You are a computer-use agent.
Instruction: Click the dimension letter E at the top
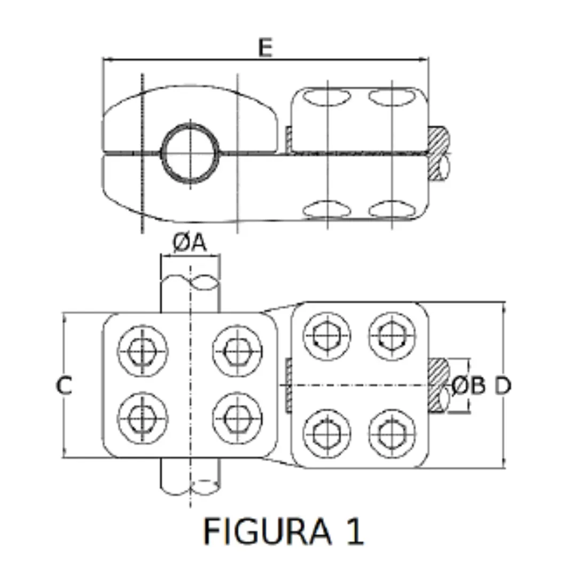click(266, 48)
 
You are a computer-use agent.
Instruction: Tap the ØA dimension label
click(190, 243)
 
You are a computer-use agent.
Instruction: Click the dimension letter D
click(502, 386)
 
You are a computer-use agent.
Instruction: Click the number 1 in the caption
click(355, 531)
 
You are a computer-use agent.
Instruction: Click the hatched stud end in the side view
click(438, 153)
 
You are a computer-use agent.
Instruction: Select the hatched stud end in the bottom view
click(438, 385)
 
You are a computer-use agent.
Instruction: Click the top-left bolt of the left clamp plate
click(143, 350)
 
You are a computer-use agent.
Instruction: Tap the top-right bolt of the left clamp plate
click(237, 350)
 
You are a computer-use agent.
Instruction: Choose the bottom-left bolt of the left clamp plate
click(143, 419)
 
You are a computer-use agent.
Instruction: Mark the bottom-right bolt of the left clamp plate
click(237, 419)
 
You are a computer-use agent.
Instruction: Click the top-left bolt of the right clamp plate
click(327, 337)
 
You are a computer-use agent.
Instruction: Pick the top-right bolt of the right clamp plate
click(392, 336)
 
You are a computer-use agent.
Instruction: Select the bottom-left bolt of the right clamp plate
click(327, 433)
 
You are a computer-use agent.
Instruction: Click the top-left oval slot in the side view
click(327, 97)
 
